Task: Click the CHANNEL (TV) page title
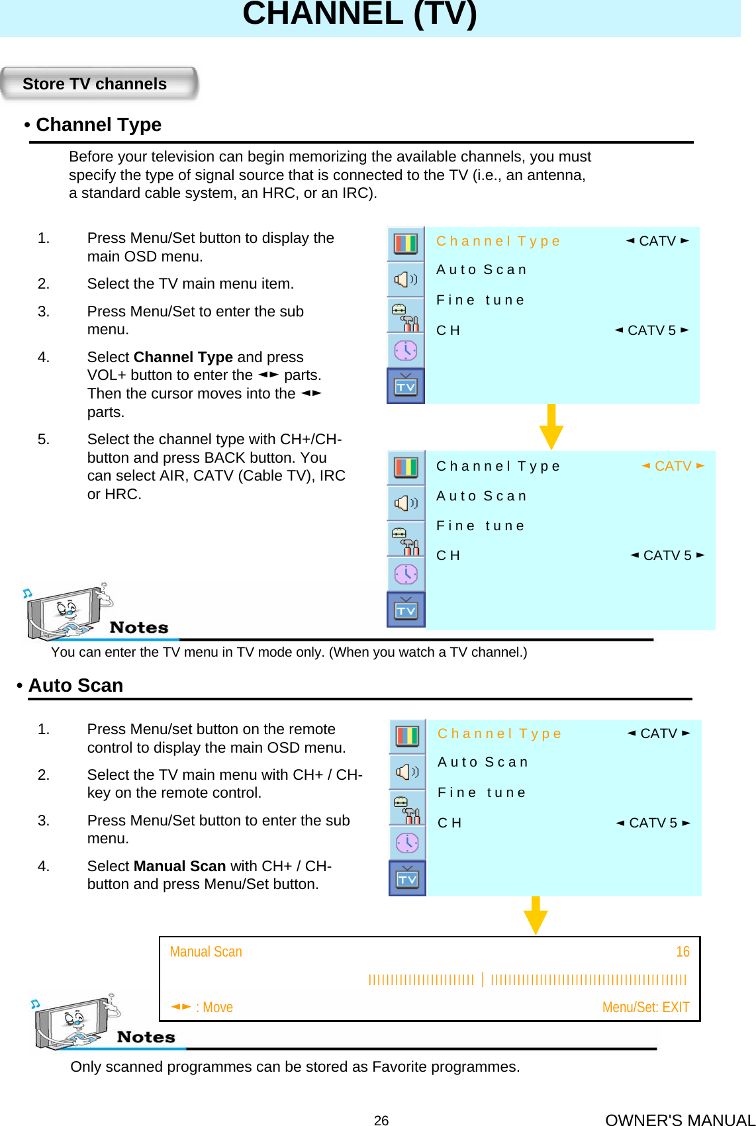pyautogui.click(x=359, y=14)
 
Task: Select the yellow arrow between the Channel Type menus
pyautogui.click(x=551, y=427)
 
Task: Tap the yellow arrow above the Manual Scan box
pyautogui.click(x=535, y=915)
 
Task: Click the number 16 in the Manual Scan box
pyautogui.click(x=683, y=952)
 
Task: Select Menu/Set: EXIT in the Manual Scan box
pyautogui.click(x=645, y=1008)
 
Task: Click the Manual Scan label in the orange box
pyautogui.click(x=206, y=952)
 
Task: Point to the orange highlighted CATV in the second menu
pyautogui.click(x=673, y=466)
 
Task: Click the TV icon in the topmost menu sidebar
pyautogui.click(x=406, y=386)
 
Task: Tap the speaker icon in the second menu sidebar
pyautogui.click(x=406, y=504)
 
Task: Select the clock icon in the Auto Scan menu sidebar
pyautogui.click(x=407, y=843)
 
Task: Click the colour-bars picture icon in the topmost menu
pyautogui.click(x=406, y=244)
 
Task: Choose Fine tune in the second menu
pyautogui.click(x=481, y=526)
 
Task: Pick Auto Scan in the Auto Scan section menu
pyautogui.click(x=483, y=763)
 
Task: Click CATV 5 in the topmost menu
pyautogui.click(x=651, y=330)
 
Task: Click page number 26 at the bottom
pyautogui.click(x=381, y=1120)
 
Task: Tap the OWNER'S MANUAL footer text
pyautogui.click(x=680, y=1120)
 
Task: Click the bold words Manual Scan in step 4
pyautogui.click(x=180, y=867)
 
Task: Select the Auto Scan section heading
pyautogui.click(x=75, y=685)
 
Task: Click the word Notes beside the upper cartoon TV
pyautogui.click(x=139, y=628)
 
